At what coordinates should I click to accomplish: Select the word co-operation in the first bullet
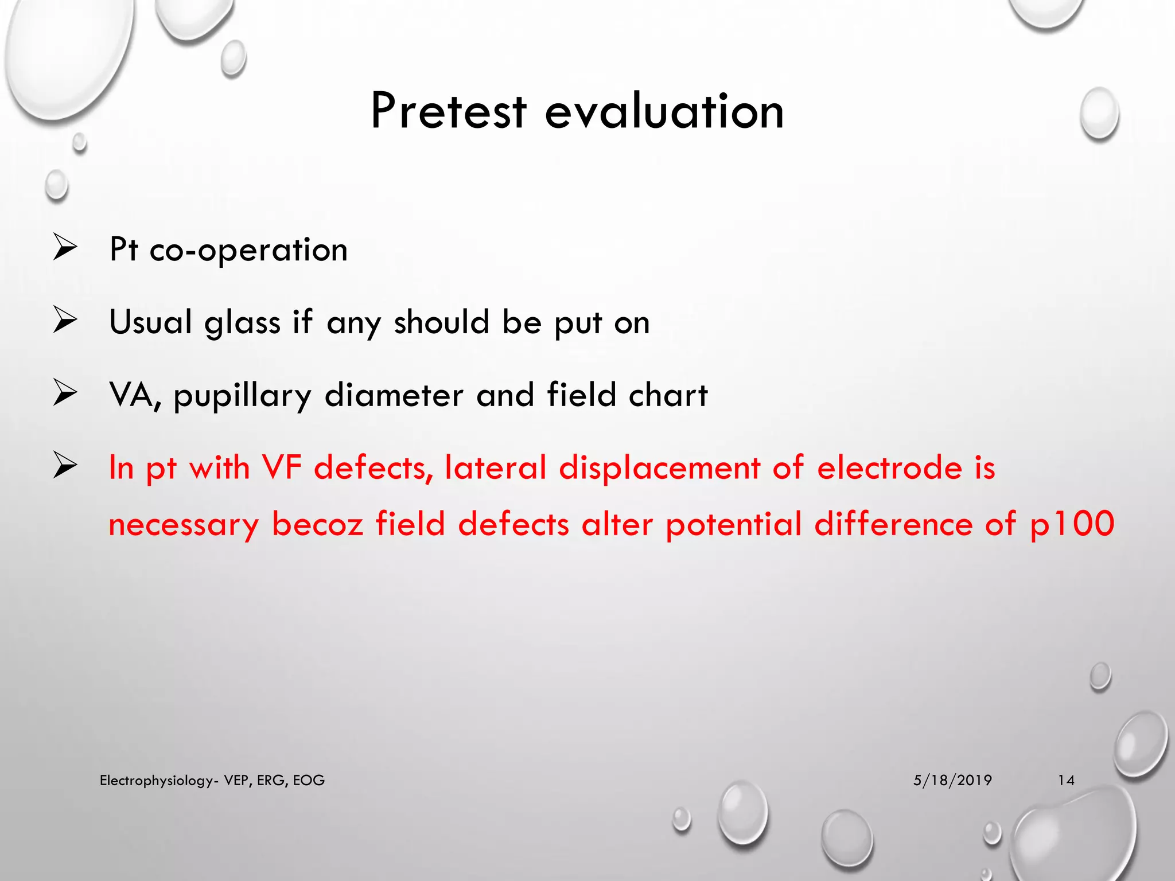(x=248, y=250)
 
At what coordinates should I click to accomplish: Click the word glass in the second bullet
(x=242, y=322)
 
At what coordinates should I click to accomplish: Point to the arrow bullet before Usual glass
(x=65, y=320)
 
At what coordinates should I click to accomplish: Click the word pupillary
(x=242, y=396)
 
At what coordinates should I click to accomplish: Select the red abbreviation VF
(x=282, y=467)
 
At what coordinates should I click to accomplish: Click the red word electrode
(x=889, y=467)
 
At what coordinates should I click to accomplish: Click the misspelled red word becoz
(x=317, y=524)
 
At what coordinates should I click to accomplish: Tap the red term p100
(x=1072, y=524)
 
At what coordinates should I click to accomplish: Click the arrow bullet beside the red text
(x=65, y=465)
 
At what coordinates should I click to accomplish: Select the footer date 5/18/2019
(x=952, y=780)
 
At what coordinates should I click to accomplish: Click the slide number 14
(x=1066, y=780)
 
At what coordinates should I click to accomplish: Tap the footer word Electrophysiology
(x=156, y=781)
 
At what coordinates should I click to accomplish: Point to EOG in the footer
(x=309, y=780)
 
